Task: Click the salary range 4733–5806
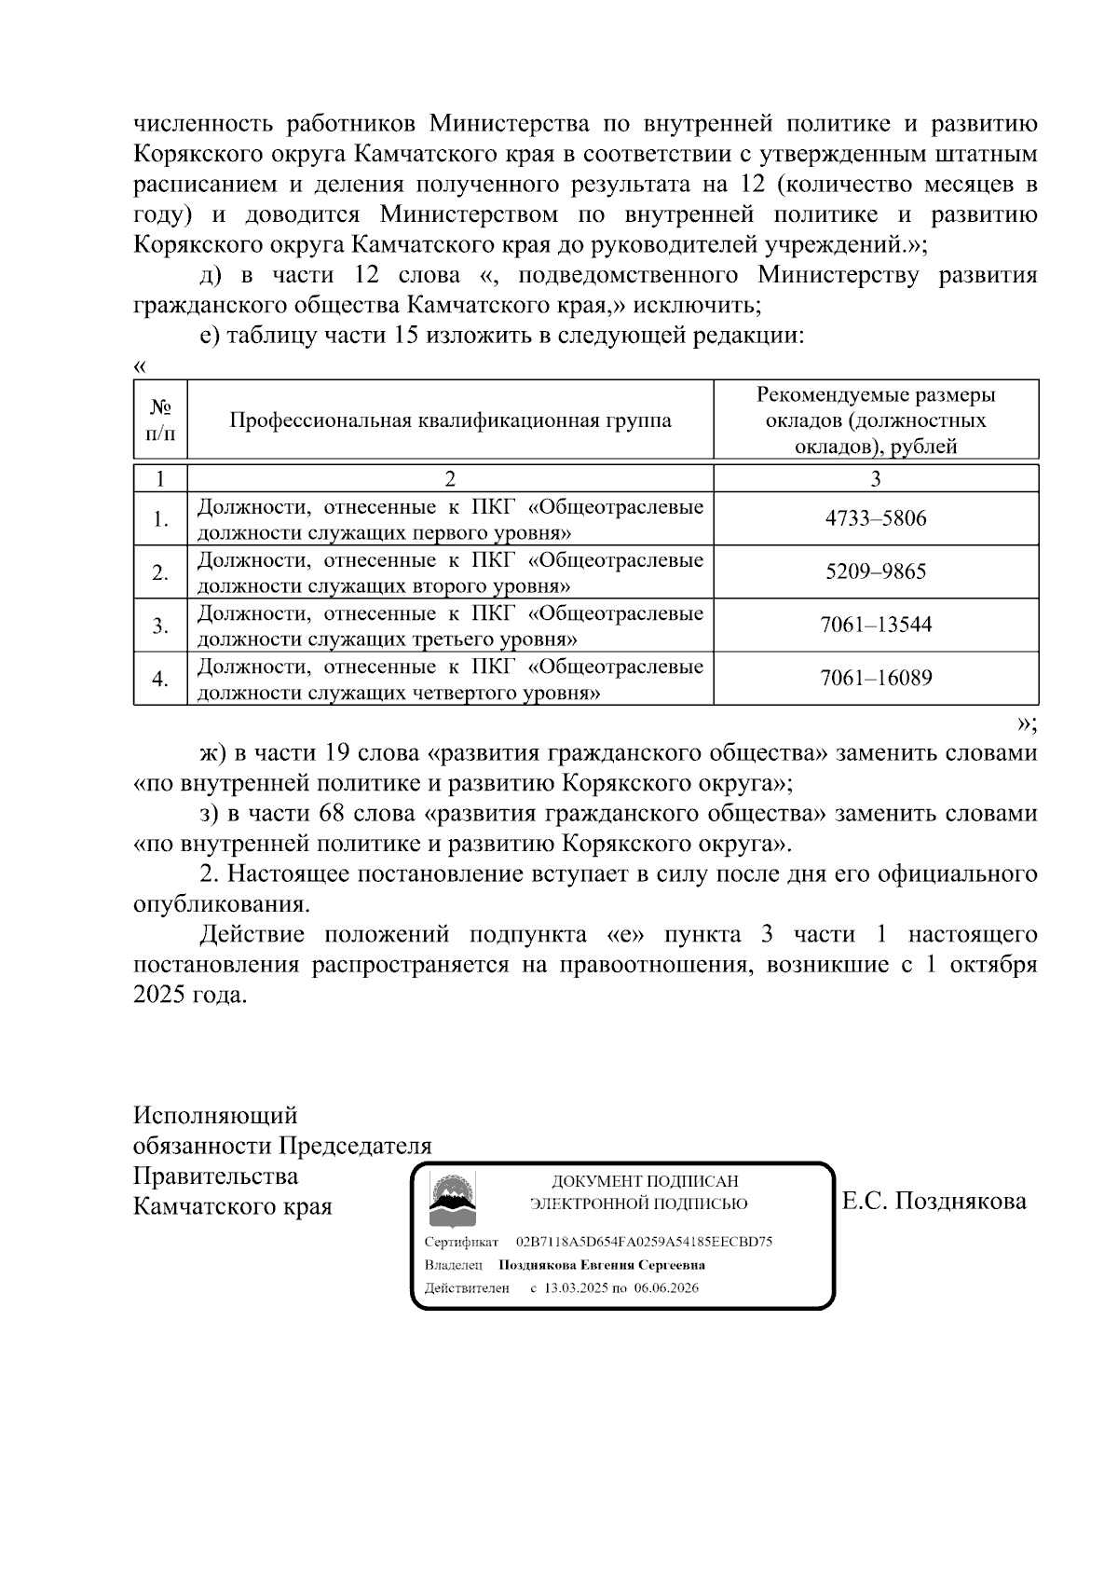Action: point(876,518)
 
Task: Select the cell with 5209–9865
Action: point(876,571)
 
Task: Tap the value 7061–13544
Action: point(876,625)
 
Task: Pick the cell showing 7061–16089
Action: point(876,678)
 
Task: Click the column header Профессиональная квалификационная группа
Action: point(450,420)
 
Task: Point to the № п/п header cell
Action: point(160,420)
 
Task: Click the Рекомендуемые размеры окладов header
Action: point(876,420)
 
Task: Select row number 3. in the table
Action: point(160,625)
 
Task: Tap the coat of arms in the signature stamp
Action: point(452,1201)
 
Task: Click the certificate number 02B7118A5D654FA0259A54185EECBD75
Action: point(644,1242)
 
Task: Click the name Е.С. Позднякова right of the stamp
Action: point(934,1201)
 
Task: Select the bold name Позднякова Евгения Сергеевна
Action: point(602,1265)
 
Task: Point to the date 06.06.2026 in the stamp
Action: point(666,1288)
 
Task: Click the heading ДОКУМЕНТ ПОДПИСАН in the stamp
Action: point(645,1181)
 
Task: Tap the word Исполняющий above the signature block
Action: point(215,1115)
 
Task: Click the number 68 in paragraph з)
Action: point(332,813)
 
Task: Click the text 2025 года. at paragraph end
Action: point(190,995)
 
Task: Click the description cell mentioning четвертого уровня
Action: point(450,679)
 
